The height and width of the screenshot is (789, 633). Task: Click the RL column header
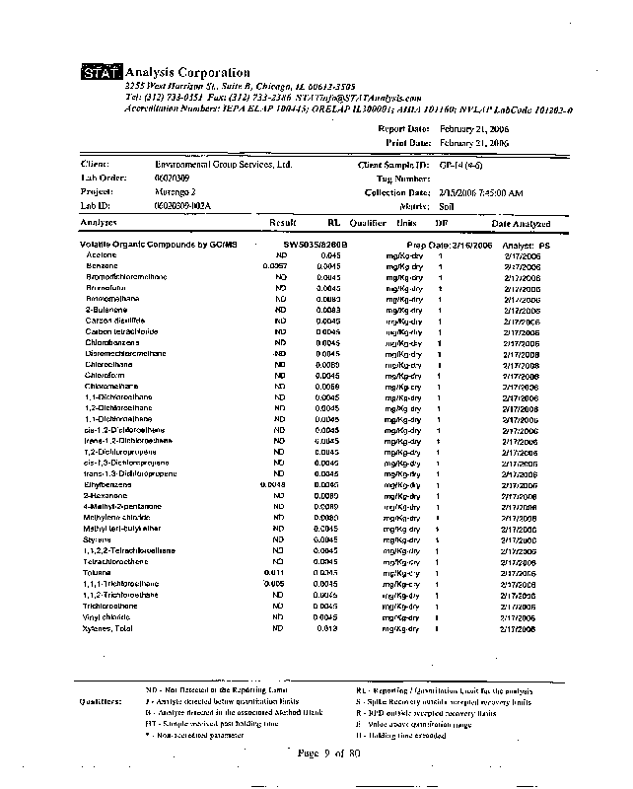click(x=333, y=224)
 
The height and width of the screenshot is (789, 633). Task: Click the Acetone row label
click(x=102, y=255)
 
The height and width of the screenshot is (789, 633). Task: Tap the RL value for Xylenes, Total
click(x=328, y=628)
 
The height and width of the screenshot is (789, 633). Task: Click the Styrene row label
click(x=100, y=539)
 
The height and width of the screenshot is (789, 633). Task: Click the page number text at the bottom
click(x=329, y=753)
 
